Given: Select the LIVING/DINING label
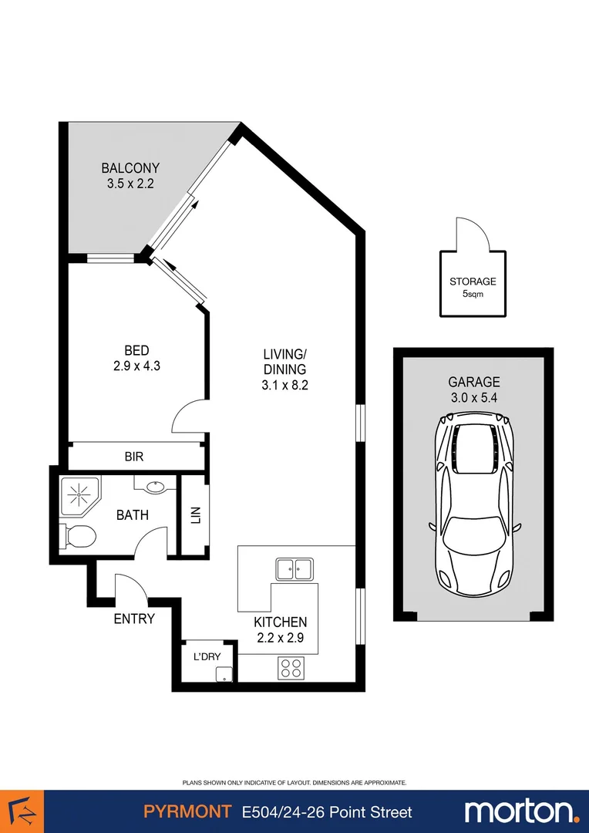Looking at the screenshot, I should tap(284, 362).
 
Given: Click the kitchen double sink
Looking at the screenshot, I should tap(294, 569).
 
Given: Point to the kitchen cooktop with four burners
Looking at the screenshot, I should tap(291, 667).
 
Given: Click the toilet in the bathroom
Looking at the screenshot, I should tap(76, 535).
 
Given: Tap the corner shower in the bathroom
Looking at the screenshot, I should tap(79, 494).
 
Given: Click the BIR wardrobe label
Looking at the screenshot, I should tap(134, 457).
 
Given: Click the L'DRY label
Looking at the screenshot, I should tap(207, 656).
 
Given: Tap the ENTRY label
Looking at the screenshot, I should tap(134, 619).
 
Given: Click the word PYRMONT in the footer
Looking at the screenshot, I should tap(187, 811).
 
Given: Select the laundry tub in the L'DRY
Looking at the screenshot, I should tap(224, 674).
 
